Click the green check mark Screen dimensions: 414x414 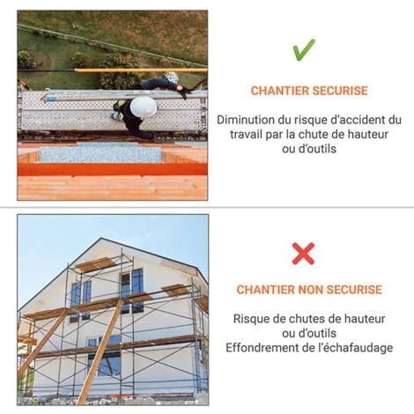303,50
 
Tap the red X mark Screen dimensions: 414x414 303,254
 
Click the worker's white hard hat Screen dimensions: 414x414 144,107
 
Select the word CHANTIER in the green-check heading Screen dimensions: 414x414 279,91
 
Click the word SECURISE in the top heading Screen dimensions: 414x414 340,91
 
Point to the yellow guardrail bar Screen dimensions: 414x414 141,70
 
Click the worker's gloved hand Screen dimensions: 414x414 184,92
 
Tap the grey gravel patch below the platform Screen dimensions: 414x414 100,154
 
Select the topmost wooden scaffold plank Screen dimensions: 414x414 96,264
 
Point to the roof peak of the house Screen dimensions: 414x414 101,238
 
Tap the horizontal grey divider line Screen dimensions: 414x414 207,207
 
